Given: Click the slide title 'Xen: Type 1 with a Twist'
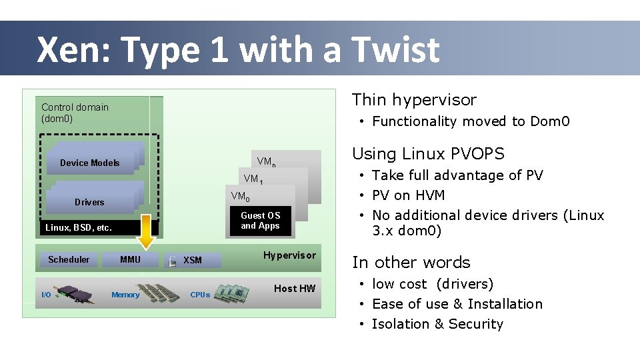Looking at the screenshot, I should click(238, 50).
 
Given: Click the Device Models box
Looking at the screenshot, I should click(90, 163).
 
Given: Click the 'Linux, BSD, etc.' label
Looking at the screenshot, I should click(79, 228).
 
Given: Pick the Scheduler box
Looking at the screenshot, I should click(69, 259).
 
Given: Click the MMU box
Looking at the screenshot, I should click(130, 259).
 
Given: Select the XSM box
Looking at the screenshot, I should click(193, 260).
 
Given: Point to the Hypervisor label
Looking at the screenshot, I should click(289, 255).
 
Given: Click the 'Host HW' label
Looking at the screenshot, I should click(295, 288).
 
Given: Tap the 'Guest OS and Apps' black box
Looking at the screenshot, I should click(260, 221).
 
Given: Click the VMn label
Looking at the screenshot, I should click(267, 162).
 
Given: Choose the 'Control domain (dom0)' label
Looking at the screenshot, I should click(75, 113).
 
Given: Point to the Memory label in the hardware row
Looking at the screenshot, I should click(125, 295).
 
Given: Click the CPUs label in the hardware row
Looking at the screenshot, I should click(200, 295).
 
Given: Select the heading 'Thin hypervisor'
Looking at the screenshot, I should click(414, 100).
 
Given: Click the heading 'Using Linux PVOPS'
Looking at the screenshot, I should click(428, 154).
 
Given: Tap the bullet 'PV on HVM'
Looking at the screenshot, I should click(408, 195).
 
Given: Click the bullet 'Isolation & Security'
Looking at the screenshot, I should click(437, 324).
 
